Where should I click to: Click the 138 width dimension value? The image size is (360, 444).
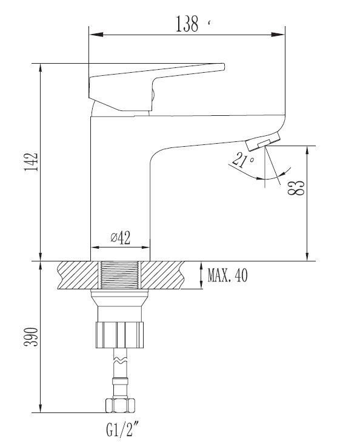187,24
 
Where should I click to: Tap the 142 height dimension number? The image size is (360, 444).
31,162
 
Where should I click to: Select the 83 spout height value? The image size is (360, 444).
296,188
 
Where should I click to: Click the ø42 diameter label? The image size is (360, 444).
121,238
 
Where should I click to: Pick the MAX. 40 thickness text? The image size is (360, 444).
227,275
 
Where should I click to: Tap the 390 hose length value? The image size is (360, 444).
31,337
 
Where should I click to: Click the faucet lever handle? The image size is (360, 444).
156,86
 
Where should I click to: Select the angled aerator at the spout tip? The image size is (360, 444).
263,141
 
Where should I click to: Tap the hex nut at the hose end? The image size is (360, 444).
120,405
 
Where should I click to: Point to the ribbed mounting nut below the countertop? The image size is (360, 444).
120,334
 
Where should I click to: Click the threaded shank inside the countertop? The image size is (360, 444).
120,275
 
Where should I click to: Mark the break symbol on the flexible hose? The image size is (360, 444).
120,361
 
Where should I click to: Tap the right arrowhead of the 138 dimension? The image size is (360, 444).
278,35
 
